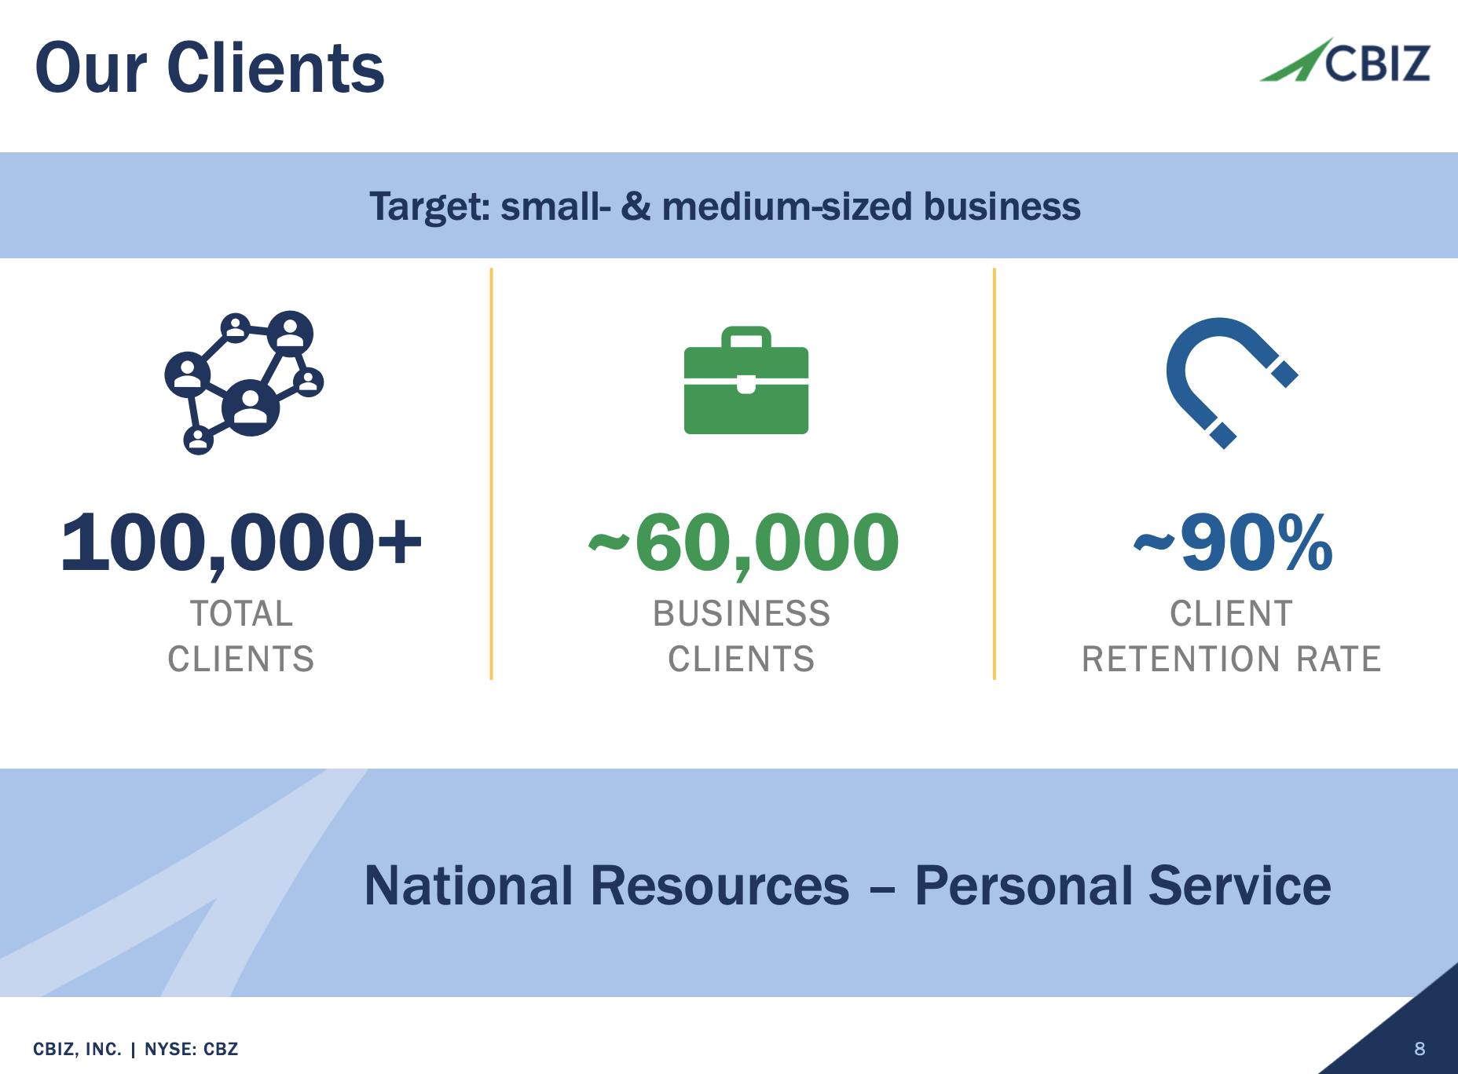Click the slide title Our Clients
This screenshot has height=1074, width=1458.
[210, 68]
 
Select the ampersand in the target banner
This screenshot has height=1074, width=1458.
[636, 206]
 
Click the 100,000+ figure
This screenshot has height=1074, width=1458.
[241, 542]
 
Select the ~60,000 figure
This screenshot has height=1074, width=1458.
[743, 542]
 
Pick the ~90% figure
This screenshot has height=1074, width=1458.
[1233, 542]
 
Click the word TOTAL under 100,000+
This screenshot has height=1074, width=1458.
[241, 614]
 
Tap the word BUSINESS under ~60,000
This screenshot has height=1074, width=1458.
[742, 614]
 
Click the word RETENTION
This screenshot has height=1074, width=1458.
[1181, 659]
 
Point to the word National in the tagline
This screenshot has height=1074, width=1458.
[468, 886]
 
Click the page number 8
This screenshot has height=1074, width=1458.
[1420, 1049]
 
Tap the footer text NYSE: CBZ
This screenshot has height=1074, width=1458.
[191, 1050]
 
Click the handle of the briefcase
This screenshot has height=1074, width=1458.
[745, 336]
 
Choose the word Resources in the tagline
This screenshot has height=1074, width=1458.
[720, 886]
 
